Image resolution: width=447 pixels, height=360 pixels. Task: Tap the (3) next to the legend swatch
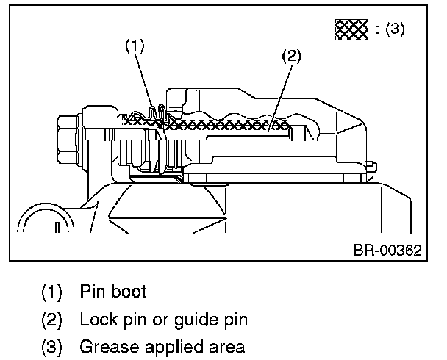click(x=390, y=30)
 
